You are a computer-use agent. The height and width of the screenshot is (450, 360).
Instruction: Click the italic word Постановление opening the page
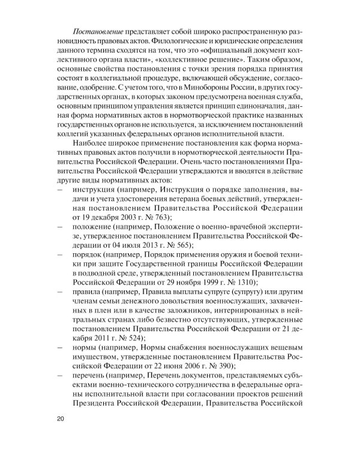click(x=98, y=30)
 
